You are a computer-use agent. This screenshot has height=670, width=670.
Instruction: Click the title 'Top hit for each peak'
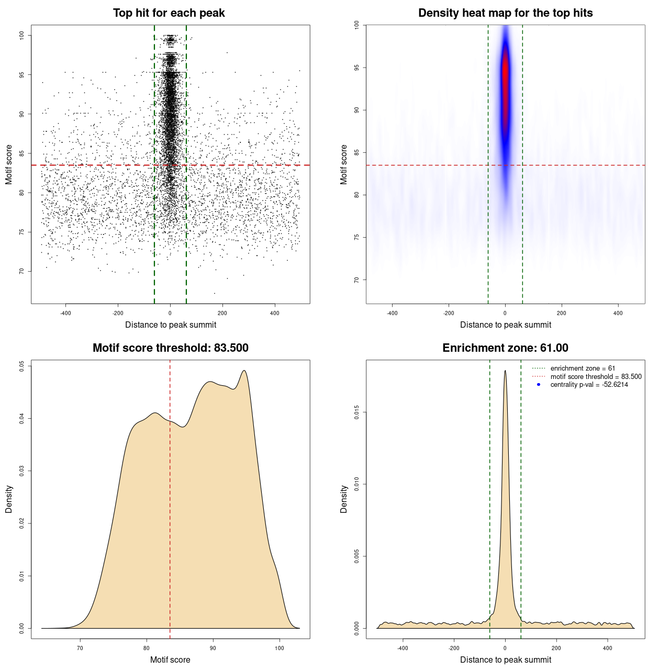(x=169, y=13)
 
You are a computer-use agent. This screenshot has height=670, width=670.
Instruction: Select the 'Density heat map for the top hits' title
(x=505, y=13)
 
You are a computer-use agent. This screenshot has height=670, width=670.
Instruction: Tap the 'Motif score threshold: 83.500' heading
(x=170, y=348)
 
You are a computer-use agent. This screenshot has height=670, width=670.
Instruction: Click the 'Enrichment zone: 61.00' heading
(x=505, y=348)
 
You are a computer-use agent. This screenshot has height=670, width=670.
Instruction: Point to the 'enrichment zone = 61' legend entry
(x=583, y=368)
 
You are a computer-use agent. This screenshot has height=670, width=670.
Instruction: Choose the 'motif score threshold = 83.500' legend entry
(x=596, y=376)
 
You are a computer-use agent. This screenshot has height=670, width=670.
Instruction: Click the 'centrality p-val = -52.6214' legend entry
(x=589, y=385)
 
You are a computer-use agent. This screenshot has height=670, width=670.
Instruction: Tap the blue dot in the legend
(x=539, y=385)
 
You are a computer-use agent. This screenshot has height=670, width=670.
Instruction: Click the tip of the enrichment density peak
(x=505, y=371)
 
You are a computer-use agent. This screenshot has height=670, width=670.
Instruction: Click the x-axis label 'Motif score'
(x=170, y=660)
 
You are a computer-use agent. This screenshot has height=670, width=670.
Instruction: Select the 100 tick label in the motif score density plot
(x=279, y=648)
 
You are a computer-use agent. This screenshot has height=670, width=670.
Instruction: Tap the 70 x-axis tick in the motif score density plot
(x=80, y=648)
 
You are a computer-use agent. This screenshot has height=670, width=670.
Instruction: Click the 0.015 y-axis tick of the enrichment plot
(x=357, y=412)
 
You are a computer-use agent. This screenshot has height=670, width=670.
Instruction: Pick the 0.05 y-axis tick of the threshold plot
(x=22, y=366)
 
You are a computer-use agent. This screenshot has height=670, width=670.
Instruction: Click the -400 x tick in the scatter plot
(x=65, y=313)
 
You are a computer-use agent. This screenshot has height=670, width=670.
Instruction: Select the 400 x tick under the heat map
(x=618, y=313)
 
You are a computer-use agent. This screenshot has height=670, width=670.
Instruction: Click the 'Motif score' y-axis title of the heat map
(x=344, y=164)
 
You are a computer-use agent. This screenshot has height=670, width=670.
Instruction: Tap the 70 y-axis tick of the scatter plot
(x=22, y=271)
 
